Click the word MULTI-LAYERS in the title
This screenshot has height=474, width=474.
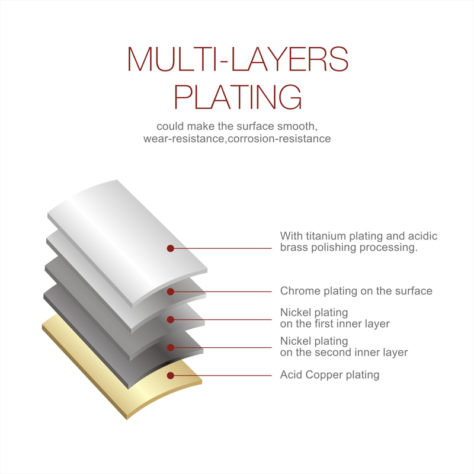[x=238, y=59]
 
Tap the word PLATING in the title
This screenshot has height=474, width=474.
[x=238, y=97]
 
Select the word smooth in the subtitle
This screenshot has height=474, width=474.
[x=297, y=126]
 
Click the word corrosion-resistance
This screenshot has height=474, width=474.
[x=279, y=139]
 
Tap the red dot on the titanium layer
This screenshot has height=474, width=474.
[x=171, y=248]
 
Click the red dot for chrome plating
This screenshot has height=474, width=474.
[x=171, y=292]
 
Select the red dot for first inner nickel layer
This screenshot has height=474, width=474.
[x=171, y=319]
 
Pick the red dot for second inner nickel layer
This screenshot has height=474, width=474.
[x=171, y=347]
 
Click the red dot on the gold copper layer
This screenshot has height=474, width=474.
[x=171, y=376]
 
